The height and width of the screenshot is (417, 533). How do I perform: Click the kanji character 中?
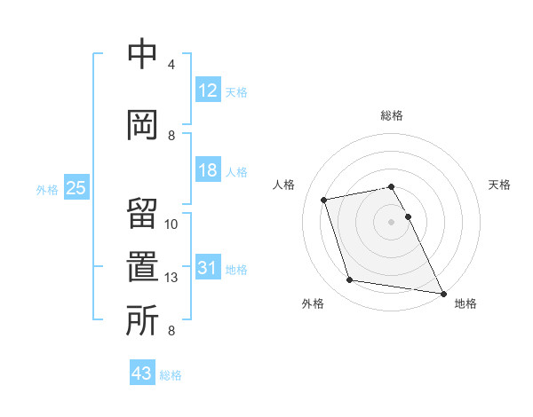(x=143, y=56)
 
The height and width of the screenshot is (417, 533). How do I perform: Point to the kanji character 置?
(x=143, y=268)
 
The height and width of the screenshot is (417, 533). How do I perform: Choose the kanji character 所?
(x=143, y=320)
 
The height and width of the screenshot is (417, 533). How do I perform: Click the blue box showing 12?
(x=208, y=90)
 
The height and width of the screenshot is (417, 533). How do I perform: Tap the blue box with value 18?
(x=208, y=170)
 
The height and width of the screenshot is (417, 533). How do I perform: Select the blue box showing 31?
(x=208, y=268)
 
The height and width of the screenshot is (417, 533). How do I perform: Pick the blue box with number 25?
(x=76, y=188)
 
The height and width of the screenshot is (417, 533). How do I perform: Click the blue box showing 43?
(x=142, y=374)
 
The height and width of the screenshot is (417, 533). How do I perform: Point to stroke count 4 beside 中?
(x=171, y=65)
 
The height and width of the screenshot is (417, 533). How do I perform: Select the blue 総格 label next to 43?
(x=171, y=374)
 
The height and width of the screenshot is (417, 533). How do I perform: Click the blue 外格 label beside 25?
(x=46, y=189)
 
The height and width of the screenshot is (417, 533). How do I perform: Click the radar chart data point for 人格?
(x=324, y=199)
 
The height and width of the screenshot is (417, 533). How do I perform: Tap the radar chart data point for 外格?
(x=350, y=280)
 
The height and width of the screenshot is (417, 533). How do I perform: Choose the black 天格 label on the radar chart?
(x=499, y=185)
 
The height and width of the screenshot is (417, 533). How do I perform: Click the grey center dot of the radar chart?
(x=391, y=221)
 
